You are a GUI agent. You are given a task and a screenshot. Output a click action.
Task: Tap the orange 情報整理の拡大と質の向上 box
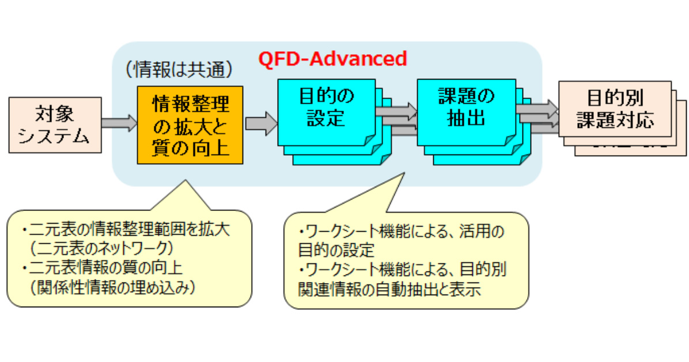click(190, 125)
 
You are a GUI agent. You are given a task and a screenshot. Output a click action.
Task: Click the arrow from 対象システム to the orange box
click(119, 123)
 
